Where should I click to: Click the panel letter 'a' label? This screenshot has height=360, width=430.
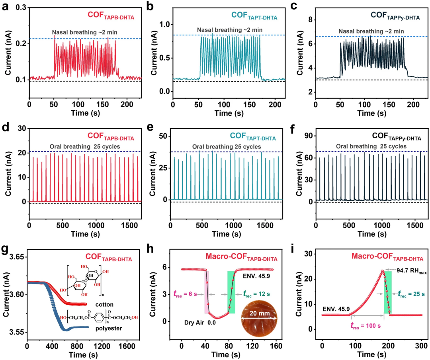pyautogui.click(x=7, y=6)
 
